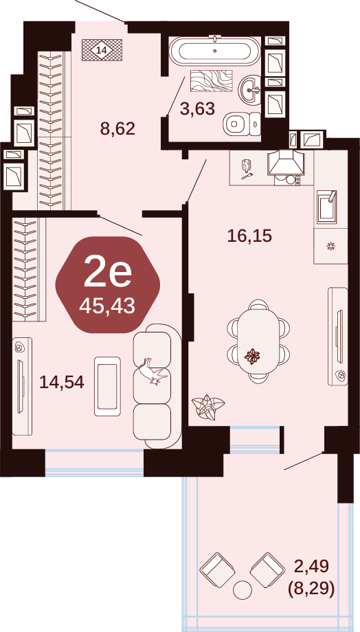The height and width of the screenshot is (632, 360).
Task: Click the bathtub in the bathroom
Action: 214,50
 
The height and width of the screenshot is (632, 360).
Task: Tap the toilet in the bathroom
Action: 241,124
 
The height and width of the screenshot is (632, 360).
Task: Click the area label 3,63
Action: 197,109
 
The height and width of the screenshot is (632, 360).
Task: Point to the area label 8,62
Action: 117,129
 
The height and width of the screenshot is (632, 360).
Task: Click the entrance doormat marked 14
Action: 102,50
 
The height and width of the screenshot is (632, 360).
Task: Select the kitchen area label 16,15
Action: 249,236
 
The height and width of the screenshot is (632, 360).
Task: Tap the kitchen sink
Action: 327,207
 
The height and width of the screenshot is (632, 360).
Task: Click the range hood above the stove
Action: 286,163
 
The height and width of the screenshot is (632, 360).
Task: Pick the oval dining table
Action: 258,341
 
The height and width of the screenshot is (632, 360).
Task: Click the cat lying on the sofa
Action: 153,371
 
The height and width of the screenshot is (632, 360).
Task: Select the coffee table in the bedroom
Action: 108,386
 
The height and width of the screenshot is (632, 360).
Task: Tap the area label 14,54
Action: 62,382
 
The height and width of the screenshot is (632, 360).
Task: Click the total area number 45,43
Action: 107,307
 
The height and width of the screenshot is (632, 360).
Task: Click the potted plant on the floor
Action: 207,407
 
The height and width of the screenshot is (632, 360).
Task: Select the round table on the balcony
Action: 243,589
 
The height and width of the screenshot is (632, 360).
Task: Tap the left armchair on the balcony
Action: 218,570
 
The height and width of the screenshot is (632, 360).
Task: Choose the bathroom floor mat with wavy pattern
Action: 212,80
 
